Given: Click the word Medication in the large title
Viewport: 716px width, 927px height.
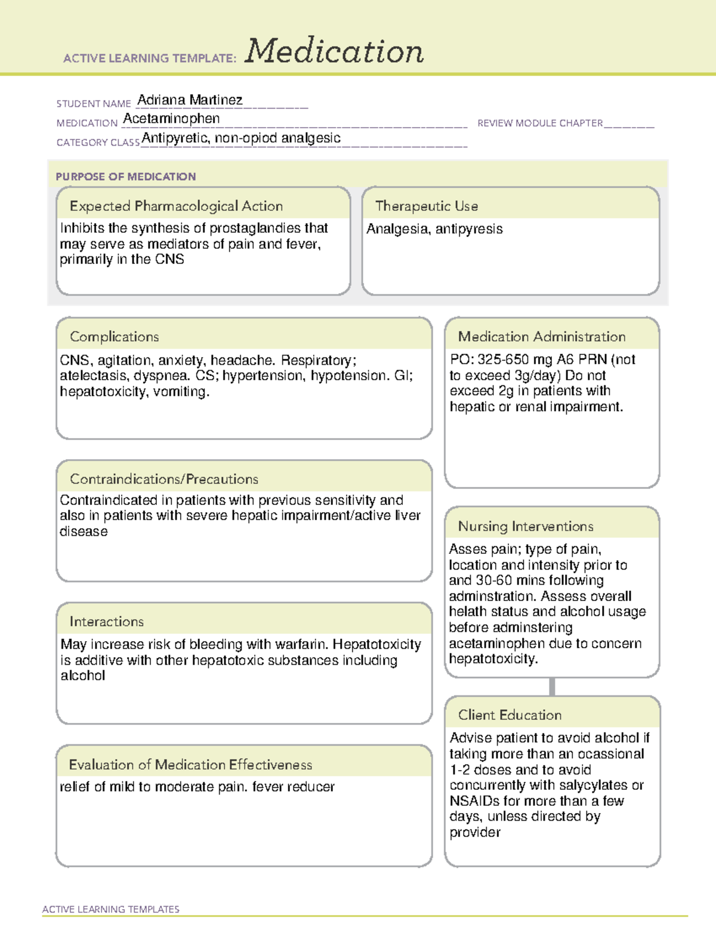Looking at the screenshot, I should [334, 51].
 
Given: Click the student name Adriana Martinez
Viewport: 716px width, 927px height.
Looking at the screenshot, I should [190, 100].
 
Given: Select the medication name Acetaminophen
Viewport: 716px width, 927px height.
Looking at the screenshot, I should [171, 119].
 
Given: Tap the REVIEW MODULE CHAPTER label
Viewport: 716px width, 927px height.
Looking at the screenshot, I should [540, 123].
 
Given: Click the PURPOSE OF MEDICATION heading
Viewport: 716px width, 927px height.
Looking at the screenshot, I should [125, 177].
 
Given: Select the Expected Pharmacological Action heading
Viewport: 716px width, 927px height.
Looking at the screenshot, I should [176, 206].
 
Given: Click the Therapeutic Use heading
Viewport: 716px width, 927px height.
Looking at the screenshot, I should [426, 206].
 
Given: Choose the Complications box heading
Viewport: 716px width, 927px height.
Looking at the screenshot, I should [114, 337].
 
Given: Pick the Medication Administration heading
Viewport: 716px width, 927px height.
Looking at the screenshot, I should [541, 337].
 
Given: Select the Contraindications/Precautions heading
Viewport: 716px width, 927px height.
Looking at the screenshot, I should [163, 479].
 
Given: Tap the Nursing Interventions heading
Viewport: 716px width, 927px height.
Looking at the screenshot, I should [525, 526].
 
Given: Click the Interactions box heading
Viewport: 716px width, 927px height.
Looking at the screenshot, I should [106, 621].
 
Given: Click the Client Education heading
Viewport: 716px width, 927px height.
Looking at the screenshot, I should [510, 715].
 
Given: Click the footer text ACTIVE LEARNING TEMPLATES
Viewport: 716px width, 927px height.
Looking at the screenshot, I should [110, 909].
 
